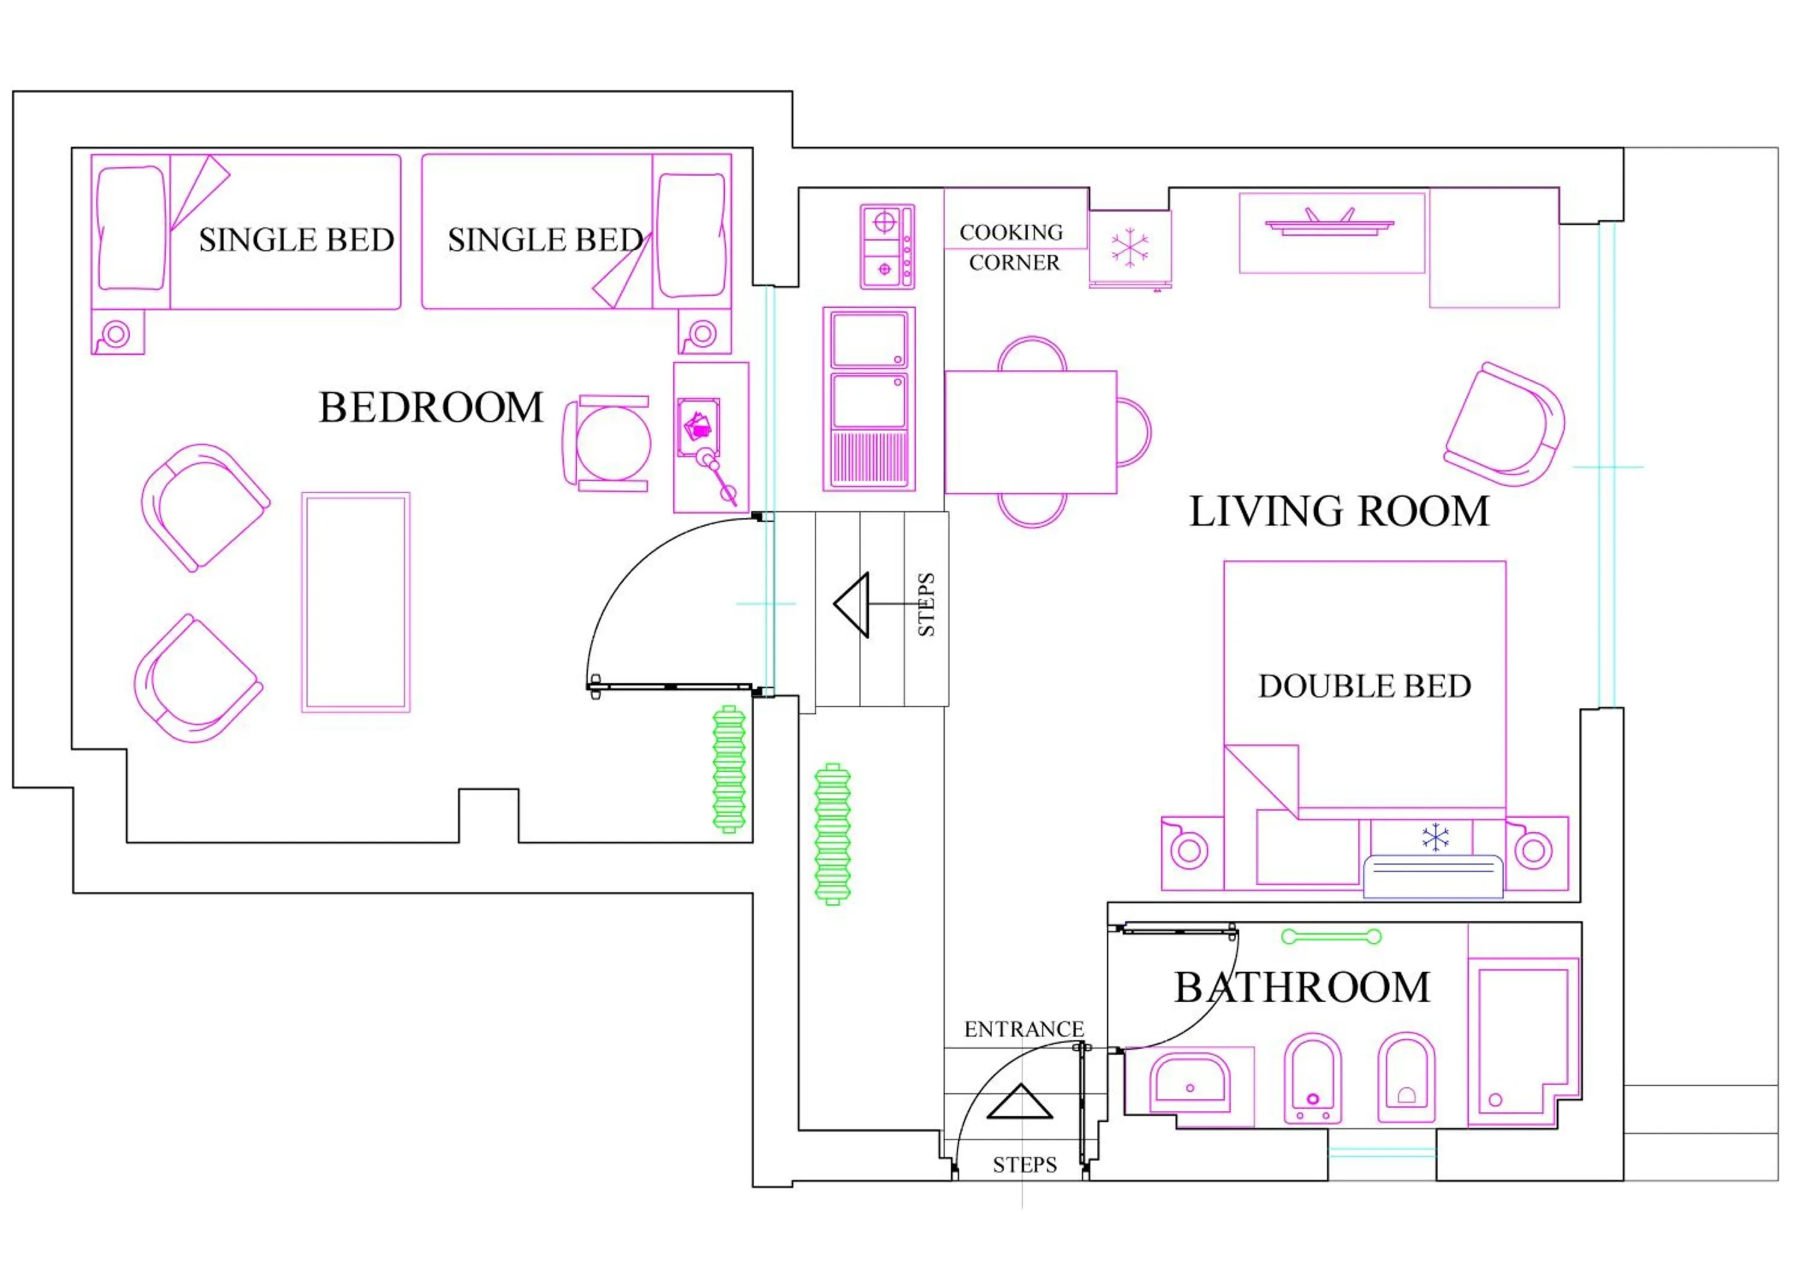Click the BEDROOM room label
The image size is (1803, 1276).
pos(430,408)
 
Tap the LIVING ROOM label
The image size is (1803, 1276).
pos(1339,512)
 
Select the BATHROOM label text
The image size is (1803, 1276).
pos(1301,987)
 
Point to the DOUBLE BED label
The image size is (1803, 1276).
pos(1364,687)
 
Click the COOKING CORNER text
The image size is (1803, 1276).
pos(1012,248)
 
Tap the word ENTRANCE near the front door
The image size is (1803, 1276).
pos(1024,1029)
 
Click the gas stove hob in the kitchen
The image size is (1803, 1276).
pos(886,247)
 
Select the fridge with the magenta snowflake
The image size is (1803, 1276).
pos(1129,248)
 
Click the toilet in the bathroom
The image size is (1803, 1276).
pos(1406,1078)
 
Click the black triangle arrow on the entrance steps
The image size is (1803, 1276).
pos(1019,1103)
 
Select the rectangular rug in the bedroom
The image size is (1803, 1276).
pos(356,603)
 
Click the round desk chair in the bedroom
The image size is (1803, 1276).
pos(612,444)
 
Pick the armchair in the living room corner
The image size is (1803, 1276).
pos(1506,426)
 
